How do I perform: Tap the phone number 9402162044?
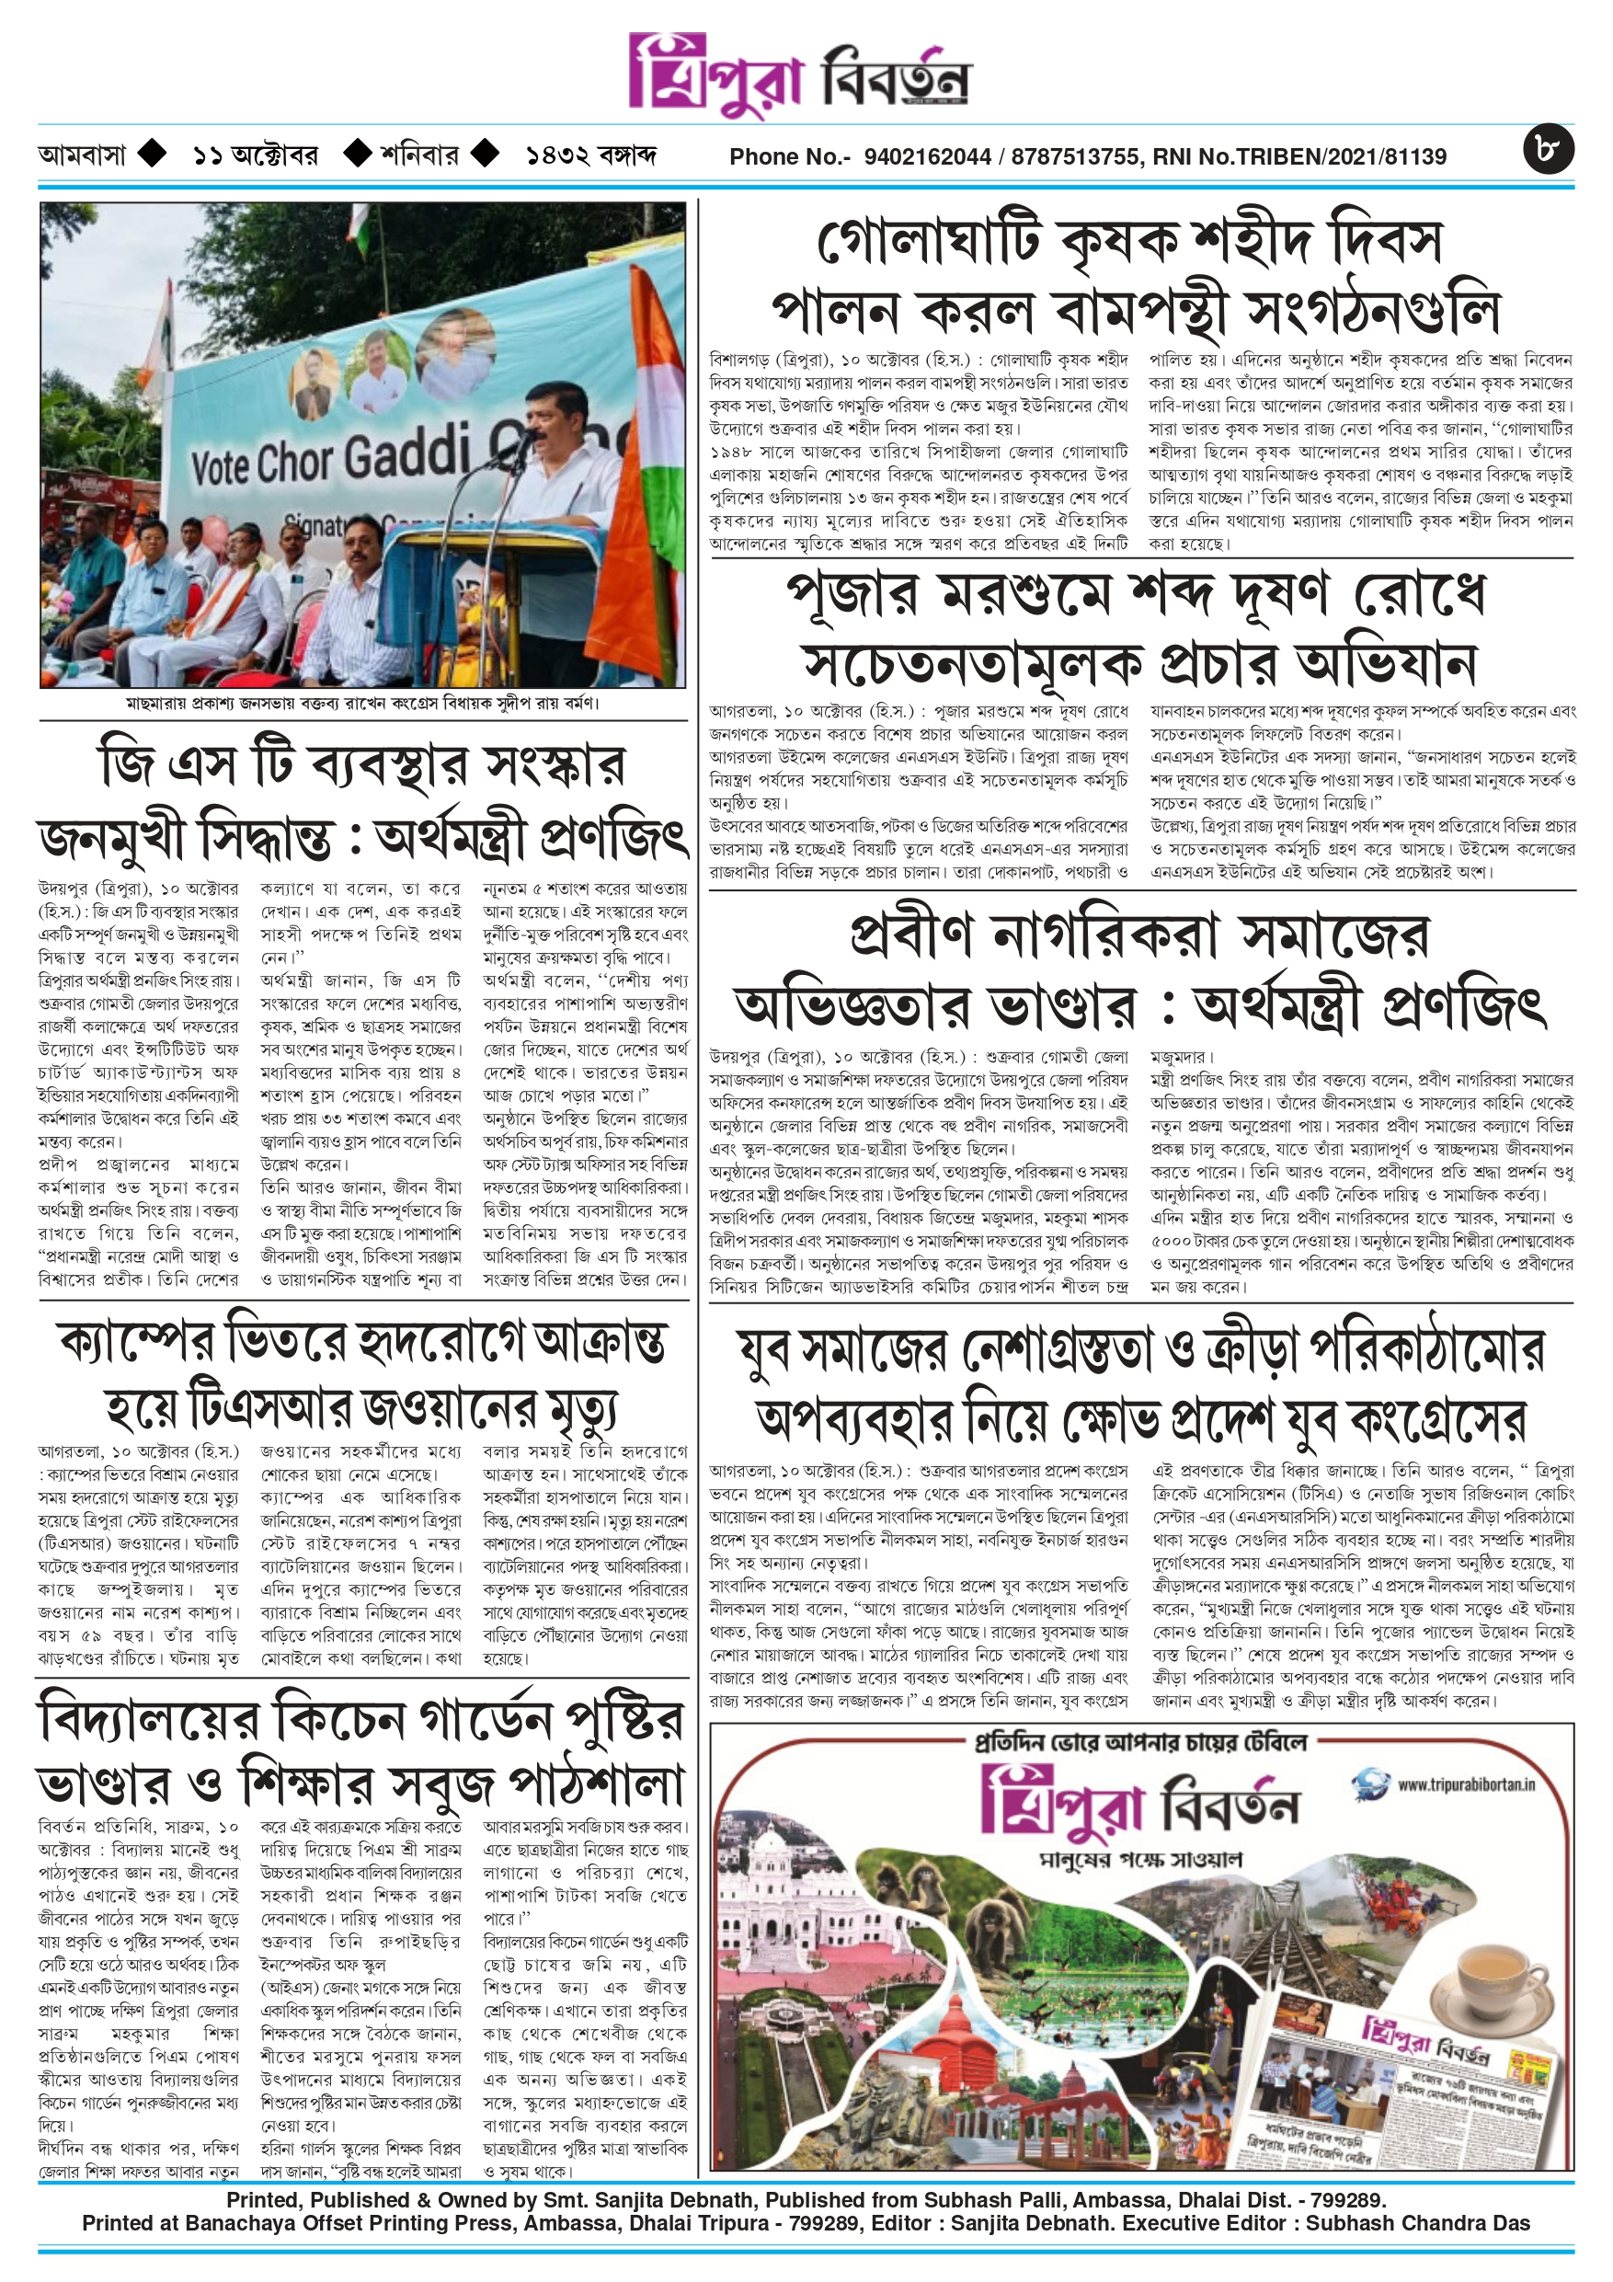[927, 157]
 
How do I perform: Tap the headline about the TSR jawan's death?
[362, 1373]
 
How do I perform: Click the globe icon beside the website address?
[1370, 1781]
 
